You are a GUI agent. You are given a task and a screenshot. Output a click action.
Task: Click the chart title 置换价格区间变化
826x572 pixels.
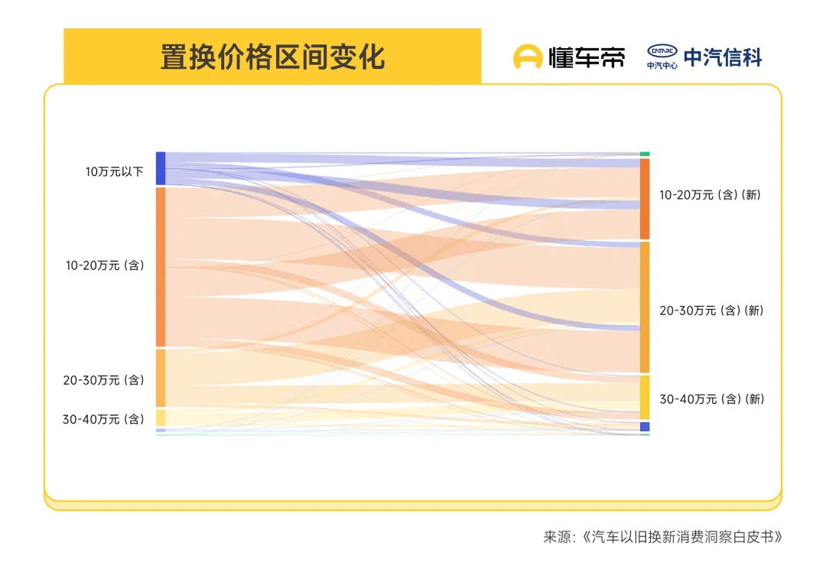coord(272,57)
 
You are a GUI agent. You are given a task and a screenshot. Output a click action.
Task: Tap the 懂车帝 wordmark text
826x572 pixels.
coord(587,57)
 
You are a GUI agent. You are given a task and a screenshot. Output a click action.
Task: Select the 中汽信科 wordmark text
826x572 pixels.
coord(723,57)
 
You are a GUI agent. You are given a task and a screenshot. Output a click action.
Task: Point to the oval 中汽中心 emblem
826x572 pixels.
coord(662,51)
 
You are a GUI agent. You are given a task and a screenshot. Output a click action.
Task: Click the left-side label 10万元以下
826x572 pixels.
coord(114,171)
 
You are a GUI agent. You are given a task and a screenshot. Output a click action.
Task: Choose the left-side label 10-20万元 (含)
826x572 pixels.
coord(105,265)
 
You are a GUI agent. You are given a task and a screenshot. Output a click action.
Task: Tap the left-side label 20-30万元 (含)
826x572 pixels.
coord(103,380)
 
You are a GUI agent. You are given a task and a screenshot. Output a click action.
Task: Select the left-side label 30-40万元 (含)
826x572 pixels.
coord(103,418)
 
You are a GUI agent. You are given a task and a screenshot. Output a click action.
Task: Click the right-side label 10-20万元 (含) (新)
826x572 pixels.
coord(710,195)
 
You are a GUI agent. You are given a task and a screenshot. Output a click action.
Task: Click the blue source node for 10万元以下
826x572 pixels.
coord(161,168)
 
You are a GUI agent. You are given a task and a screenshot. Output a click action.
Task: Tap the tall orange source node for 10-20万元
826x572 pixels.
coord(161,267)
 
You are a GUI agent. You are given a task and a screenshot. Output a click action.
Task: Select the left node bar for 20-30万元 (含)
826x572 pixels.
coord(161,378)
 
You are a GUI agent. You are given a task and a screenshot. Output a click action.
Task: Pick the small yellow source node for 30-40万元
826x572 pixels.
coord(161,418)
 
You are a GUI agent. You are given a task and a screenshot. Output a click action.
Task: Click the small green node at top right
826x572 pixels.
coord(645,154)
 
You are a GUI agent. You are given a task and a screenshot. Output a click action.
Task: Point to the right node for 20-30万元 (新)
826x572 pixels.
coord(645,307)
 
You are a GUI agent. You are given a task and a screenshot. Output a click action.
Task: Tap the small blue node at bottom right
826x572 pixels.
coord(645,427)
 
